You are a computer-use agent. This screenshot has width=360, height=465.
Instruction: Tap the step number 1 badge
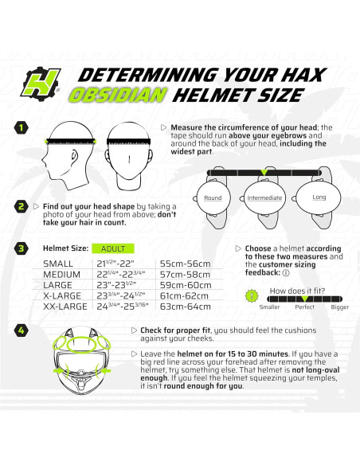tap(22, 127)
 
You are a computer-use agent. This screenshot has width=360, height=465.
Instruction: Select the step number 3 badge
tap(22, 248)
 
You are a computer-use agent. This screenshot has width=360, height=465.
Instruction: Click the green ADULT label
tap(113, 248)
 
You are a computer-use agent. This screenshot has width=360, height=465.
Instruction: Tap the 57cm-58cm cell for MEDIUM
tap(185, 278)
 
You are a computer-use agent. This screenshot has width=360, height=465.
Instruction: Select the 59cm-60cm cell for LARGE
tap(185, 292)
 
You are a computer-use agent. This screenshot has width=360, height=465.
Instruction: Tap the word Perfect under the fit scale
tap(304, 306)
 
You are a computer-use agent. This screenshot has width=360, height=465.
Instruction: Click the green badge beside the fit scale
tap(253, 296)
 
